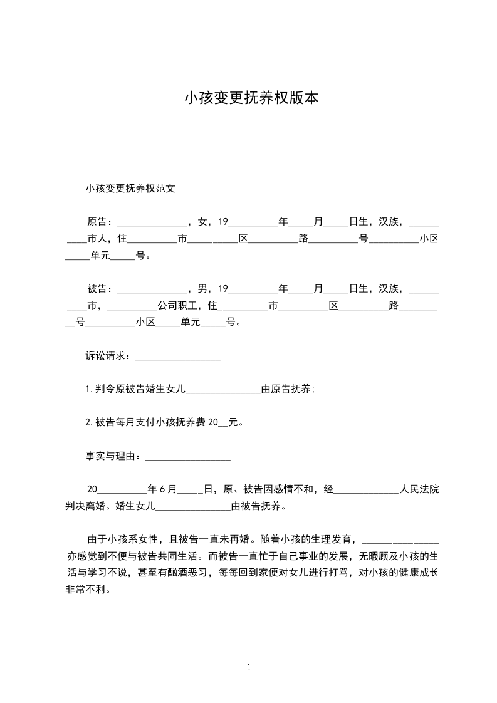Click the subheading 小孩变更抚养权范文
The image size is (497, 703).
click(130, 187)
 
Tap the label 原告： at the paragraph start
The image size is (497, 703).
click(101, 222)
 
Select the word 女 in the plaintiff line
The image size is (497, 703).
click(202, 222)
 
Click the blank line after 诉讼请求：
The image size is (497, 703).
click(178, 357)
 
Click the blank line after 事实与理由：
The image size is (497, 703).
click(188, 457)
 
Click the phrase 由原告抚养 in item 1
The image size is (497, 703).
click(286, 389)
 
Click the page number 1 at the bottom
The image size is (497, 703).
click(249, 667)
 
